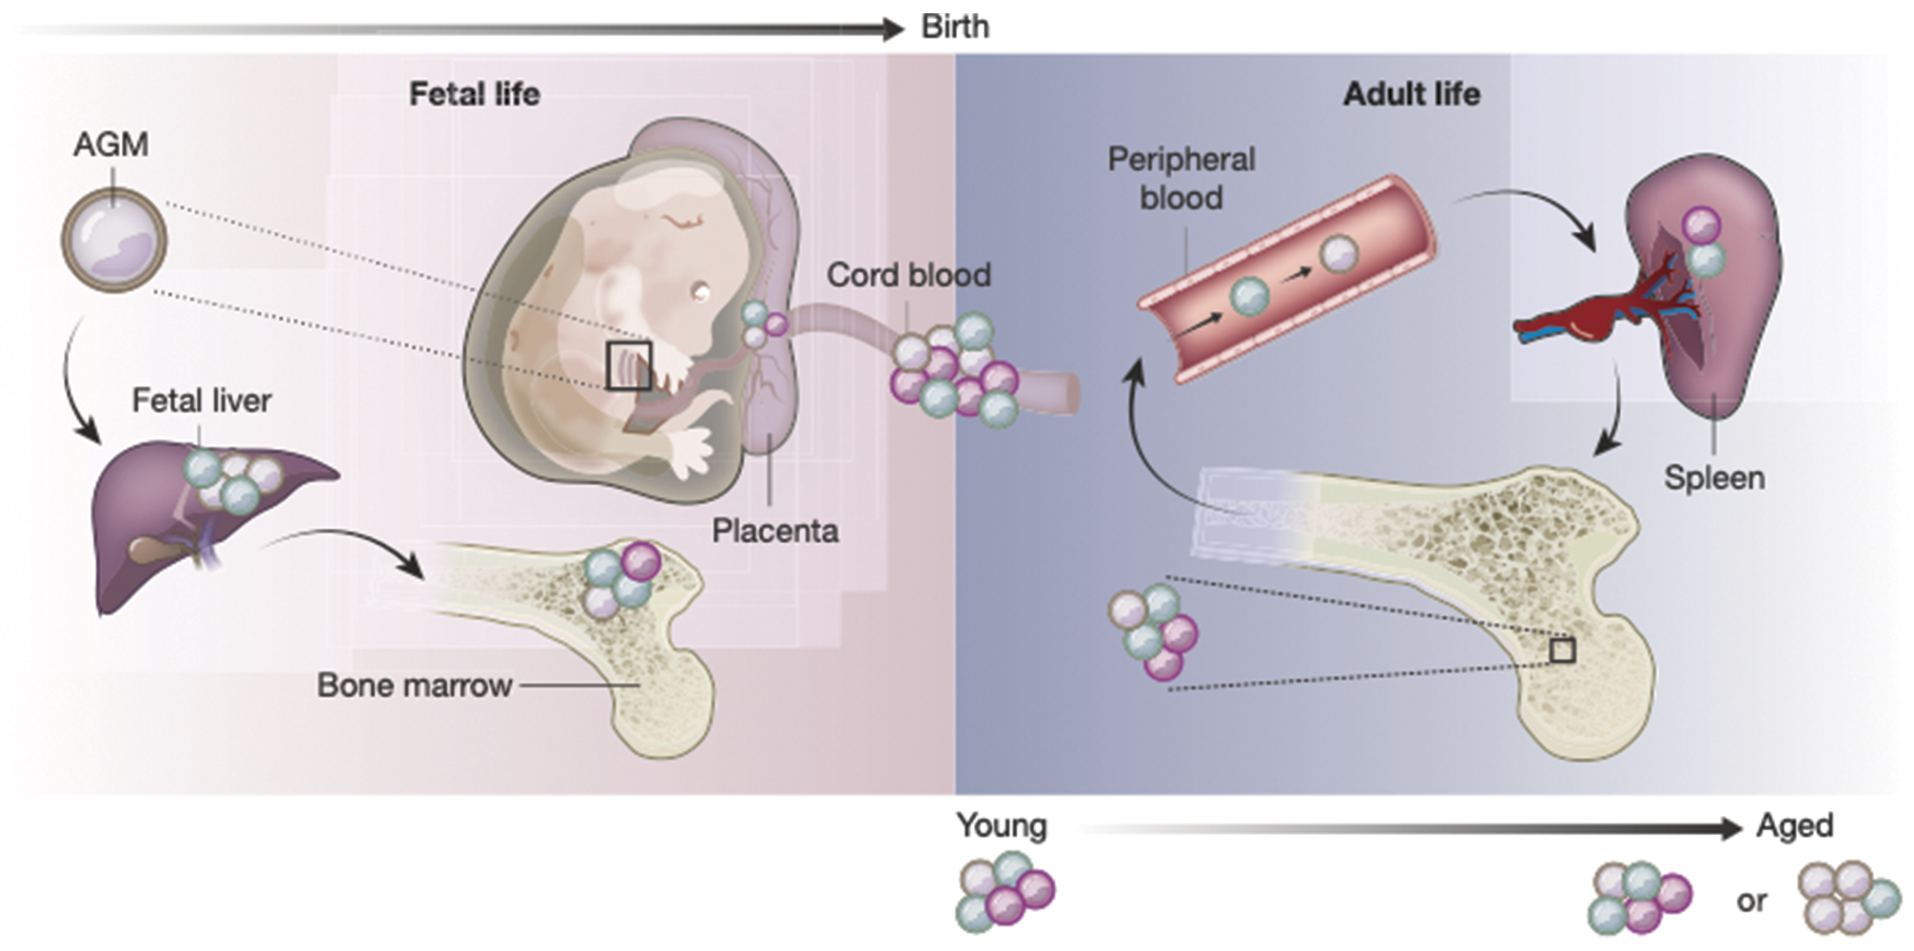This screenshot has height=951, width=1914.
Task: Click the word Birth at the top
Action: point(955,27)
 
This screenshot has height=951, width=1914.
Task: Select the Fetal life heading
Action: point(474,94)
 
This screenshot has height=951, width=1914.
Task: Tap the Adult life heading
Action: point(1411,94)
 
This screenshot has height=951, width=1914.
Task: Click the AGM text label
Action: point(111,145)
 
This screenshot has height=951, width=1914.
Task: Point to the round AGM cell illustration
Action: point(114,240)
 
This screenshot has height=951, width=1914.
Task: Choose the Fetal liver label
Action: point(201,400)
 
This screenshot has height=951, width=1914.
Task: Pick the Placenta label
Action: point(775,531)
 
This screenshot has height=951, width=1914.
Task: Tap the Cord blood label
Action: point(908,275)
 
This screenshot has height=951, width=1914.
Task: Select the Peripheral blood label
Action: point(1182,179)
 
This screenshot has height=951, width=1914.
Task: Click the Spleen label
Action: point(1714,477)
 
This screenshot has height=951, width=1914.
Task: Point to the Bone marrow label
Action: point(414,686)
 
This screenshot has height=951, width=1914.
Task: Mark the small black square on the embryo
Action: point(629,366)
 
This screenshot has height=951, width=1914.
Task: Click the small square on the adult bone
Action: point(1562,650)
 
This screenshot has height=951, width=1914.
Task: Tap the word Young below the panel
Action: point(1001,825)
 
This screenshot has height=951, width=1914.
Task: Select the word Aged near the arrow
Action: point(1794,825)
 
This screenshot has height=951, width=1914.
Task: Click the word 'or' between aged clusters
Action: point(1751,901)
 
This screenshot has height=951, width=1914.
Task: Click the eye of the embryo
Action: point(701,292)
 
